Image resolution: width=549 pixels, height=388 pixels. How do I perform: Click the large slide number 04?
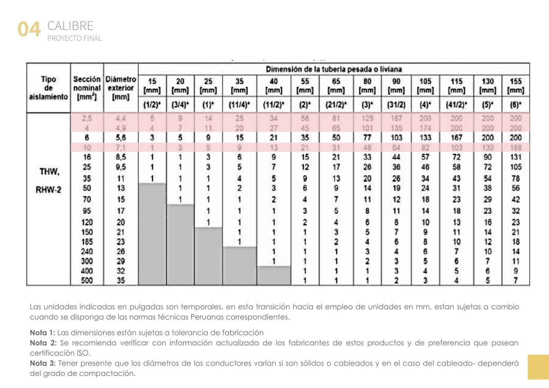click(x=29, y=29)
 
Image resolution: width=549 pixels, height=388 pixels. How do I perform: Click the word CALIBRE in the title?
click(x=70, y=26)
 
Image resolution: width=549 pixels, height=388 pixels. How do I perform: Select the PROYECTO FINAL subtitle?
click(x=74, y=38)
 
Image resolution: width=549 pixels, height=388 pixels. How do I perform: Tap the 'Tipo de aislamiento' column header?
click(x=48, y=88)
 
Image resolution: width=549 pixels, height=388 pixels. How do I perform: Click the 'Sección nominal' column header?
click(x=87, y=88)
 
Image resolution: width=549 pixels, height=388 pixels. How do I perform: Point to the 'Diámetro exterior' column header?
click(x=121, y=88)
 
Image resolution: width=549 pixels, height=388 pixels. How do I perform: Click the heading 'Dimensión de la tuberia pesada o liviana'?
click(x=334, y=69)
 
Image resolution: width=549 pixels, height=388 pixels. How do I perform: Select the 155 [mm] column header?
click(x=515, y=86)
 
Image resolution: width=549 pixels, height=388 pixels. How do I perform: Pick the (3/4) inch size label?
click(x=180, y=105)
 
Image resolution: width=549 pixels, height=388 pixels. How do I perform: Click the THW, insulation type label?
click(x=49, y=172)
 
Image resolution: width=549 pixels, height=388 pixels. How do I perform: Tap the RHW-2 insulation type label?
click(x=48, y=190)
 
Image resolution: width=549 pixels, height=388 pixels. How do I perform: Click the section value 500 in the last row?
click(x=87, y=280)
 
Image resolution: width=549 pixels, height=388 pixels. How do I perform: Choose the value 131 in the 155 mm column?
click(x=515, y=157)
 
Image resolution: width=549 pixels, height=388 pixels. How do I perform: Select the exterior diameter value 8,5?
click(x=120, y=157)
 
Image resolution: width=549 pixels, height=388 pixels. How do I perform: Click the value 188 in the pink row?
click(x=515, y=148)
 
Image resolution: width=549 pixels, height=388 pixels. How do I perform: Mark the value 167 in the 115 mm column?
click(x=456, y=138)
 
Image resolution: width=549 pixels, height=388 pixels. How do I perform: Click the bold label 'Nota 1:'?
click(x=43, y=333)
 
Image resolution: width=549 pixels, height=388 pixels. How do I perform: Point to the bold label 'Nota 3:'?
click(x=43, y=363)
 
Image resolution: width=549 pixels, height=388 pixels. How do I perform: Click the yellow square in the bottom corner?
click(x=538, y=367)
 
